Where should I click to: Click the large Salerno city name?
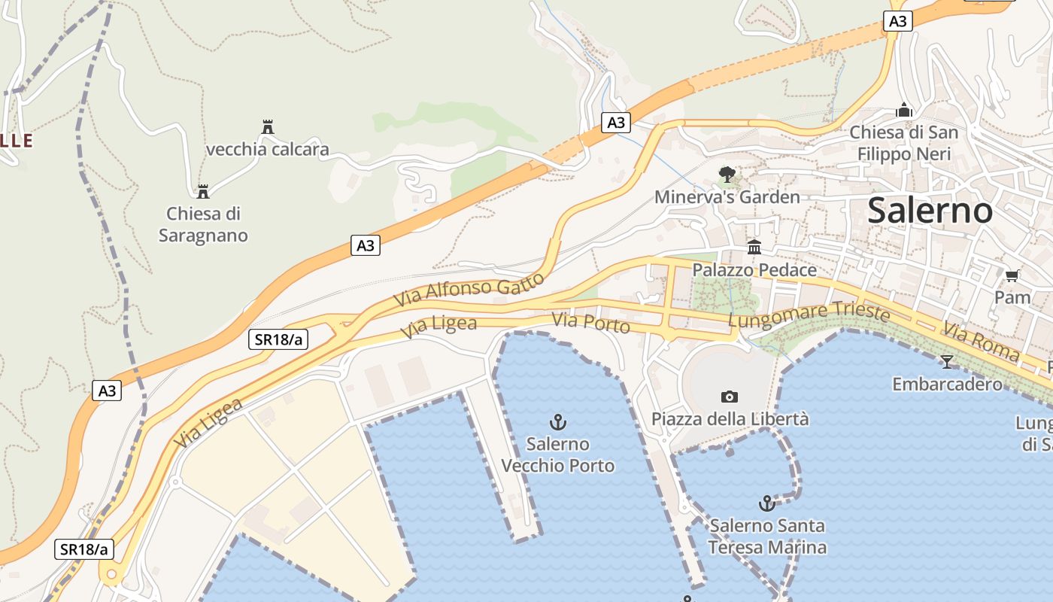click(x=930, y=211)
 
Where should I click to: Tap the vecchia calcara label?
click(x=267, y=149)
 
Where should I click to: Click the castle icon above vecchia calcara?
click(x=267, y=126)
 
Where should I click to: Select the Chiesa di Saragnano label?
click(x=203, y=224)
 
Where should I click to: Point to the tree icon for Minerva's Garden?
click(x=727, y=175)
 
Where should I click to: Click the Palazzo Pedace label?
click(x=754, y=270)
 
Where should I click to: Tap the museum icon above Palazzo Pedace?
click(x=754, y=247)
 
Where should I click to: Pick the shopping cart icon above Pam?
click(x=1012, y=275)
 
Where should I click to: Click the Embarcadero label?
click(x=947, y=384)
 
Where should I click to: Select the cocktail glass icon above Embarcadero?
click(x=946, y=362)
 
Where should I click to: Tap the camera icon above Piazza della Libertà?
click(x=729, y=397)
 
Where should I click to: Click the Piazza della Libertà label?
click(x=730, y=418)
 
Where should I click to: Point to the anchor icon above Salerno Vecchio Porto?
click(x=558, y=421)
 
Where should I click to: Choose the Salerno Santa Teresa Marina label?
click(x=767, y=536)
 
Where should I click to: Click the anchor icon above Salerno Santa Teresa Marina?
click(x=767, y=503)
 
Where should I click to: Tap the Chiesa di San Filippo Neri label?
click(x=904, y=143)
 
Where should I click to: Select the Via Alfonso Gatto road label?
click(x=469, y=290)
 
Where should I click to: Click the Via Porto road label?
click(x=590, y=324)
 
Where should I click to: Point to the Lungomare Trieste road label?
click(x=809, y=316)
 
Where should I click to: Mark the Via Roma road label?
click(x=981, y=342)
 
